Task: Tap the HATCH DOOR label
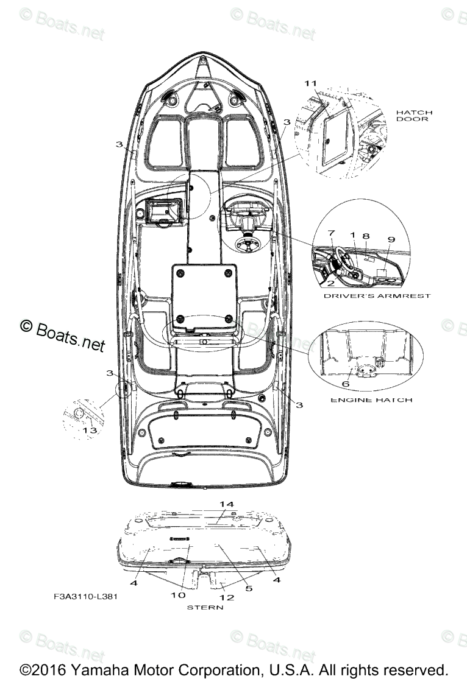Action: coord(414,116)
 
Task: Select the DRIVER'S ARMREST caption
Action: coord(377,296)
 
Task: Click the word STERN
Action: coord(205,607)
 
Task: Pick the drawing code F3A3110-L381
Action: coord(85,596)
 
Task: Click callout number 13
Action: coord(89,430)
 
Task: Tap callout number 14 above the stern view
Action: coord(227,504)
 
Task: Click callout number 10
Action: coord(177,595)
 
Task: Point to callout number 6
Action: coord(345,384)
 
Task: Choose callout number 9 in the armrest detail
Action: coord(391,239)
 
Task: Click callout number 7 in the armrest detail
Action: coord(331,233)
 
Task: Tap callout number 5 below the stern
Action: coord(248,588)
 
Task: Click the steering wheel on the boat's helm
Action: coord(248,245)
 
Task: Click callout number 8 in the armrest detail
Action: coord(366,235)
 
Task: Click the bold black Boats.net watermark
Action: coord(63,336)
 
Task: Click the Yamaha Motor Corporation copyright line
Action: coord(233,668)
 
